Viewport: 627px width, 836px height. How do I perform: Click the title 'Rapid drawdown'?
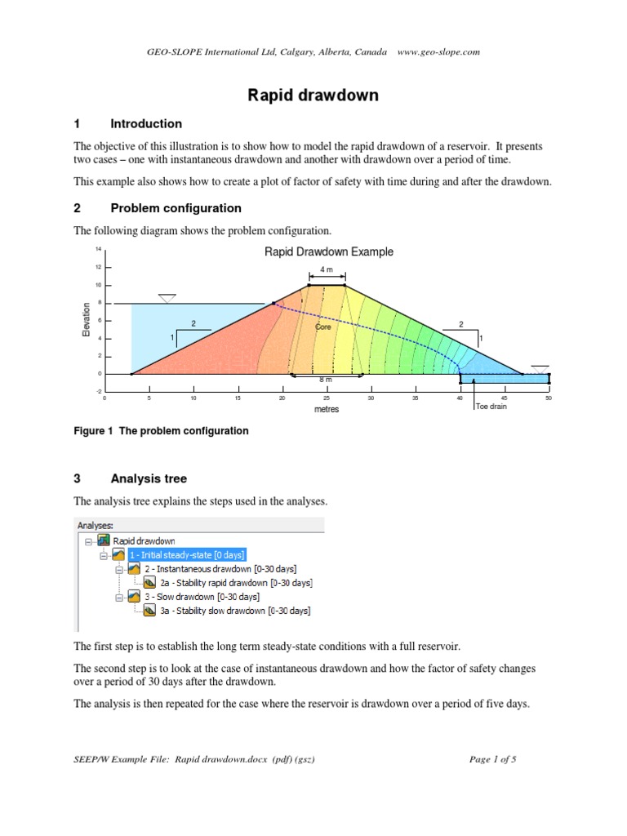click(x=313, y=96)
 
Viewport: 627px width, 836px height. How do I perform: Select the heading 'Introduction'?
click(x=146, y=124)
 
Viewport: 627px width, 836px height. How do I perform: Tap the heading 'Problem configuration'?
click(x=176, y=208)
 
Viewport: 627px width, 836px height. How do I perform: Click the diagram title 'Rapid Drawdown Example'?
click(x=329, y=251)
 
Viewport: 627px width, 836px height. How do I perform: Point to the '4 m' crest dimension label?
click(x=327, y=269)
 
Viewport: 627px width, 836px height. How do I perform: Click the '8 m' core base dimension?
click(x=325, y=380)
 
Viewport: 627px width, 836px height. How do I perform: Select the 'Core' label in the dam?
click(x=323, y=327)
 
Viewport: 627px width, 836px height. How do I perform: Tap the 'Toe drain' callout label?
click(x=491, y=406)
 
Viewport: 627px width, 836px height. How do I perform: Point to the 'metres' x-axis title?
click(x=327, y=409)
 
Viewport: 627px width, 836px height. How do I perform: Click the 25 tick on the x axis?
click(x=327, y=398)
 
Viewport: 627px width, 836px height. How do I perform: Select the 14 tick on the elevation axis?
click(x=98, y=248)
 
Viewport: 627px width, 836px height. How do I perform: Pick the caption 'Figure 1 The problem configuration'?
click(x=161, y=431)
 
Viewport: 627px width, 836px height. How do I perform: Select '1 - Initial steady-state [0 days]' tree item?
click(x=185, y=554)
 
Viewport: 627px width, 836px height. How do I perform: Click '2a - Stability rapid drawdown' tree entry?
click(x=236, y=583)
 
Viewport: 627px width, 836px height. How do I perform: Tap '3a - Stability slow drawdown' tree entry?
click(x=234, y=611)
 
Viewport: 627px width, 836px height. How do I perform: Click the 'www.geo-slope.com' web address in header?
click(x=438, y=51)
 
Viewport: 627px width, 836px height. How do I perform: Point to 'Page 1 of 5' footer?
click(x=493, y=759)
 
